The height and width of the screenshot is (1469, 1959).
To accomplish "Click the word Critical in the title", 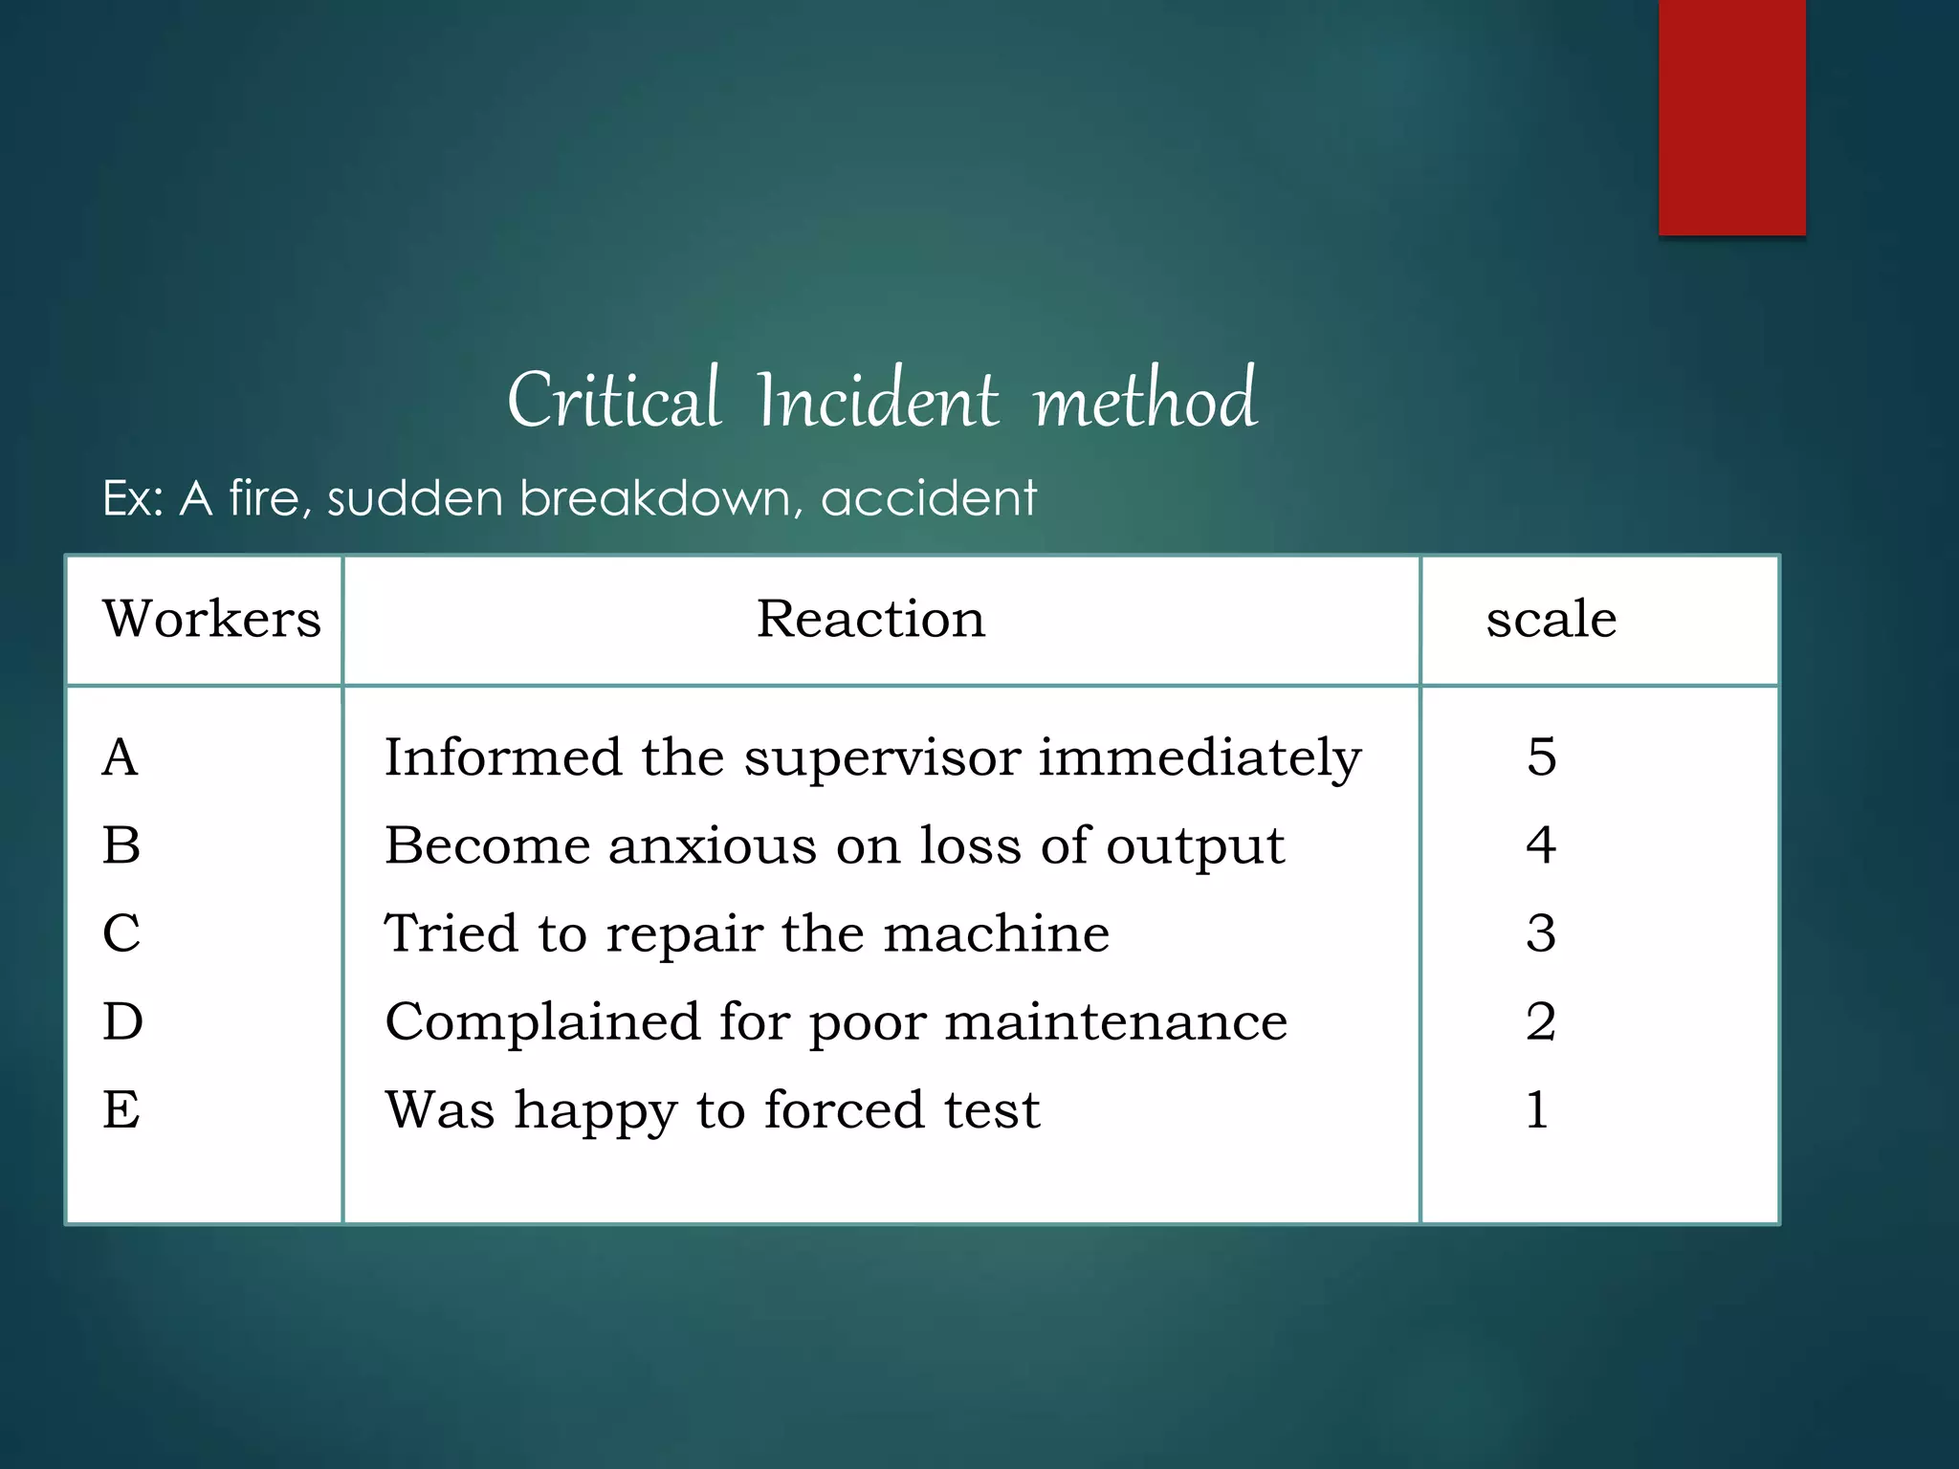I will (613, 400).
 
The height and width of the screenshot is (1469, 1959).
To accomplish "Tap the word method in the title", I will (1145, 400).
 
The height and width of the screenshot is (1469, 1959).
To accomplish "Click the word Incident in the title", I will (877, 400).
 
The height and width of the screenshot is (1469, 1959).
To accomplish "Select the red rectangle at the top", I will (1731, 117).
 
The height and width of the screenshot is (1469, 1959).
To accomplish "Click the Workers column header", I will (211, 619).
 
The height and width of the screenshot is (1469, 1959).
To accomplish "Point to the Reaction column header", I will (870, 619).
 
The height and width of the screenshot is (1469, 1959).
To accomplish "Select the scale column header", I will (1551, 619).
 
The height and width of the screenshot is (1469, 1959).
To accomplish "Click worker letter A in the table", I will (121, 757).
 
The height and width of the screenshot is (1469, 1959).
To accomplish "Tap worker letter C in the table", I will (121, 933).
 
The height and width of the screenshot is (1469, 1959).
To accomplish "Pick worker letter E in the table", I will (121, 1110).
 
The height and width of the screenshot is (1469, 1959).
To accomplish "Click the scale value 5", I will (1541, 757).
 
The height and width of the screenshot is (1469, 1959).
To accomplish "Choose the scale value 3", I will (1541, 933).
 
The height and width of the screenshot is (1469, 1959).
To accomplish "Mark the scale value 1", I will (1537, 1110).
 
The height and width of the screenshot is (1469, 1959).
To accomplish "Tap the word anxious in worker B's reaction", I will (713, 846).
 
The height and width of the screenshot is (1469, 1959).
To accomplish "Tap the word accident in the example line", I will (928, 498).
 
